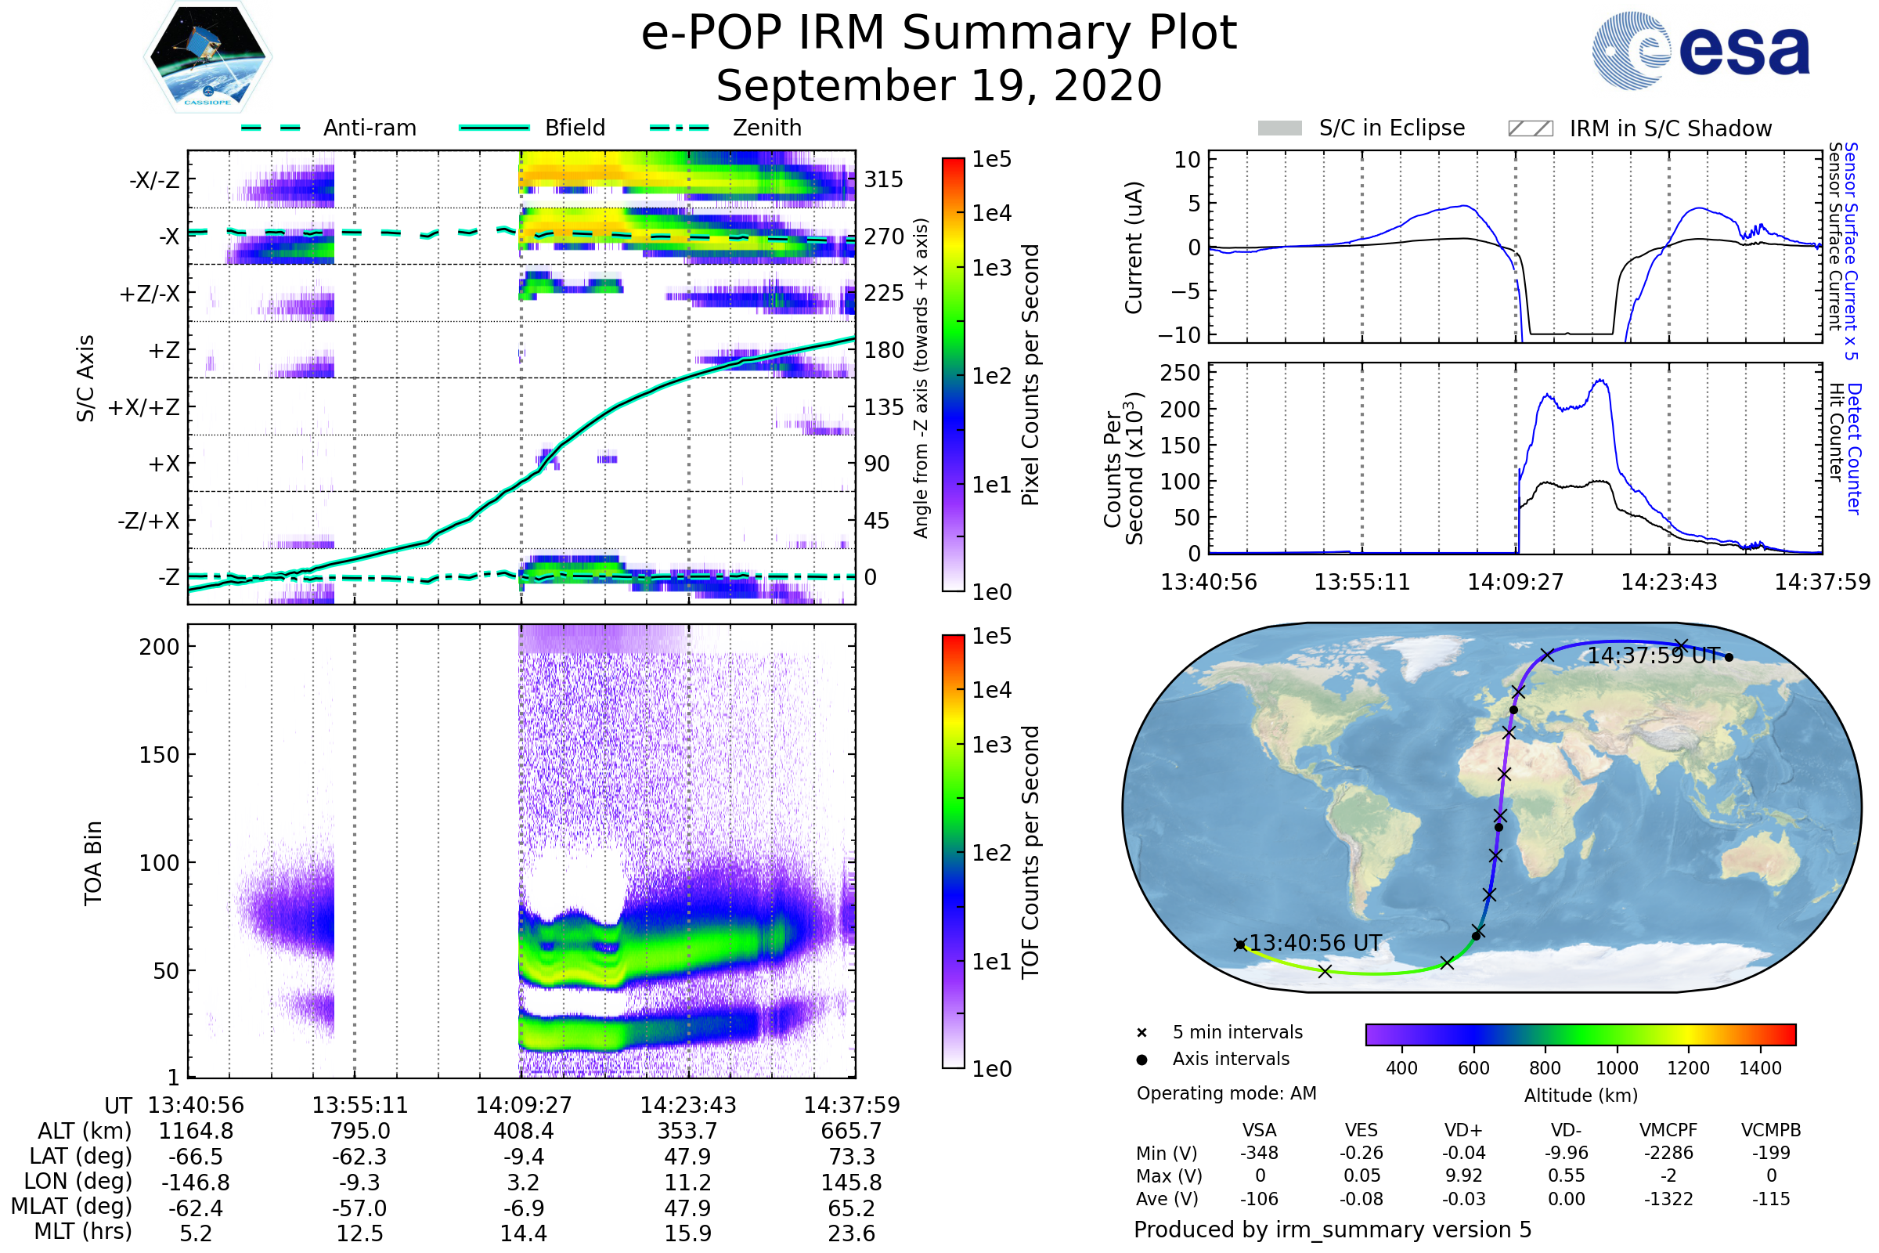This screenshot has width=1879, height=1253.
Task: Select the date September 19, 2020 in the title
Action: (939, 86)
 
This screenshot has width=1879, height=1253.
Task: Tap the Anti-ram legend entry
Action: (369, 128)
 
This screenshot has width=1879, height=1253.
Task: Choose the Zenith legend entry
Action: (767, 128)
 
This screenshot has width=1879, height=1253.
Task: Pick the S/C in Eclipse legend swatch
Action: (1279, 128)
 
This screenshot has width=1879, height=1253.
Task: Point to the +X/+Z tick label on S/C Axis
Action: (144, 407)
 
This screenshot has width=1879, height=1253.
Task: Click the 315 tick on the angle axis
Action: (883, 180)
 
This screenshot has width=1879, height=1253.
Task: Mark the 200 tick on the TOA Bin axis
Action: (159, 647)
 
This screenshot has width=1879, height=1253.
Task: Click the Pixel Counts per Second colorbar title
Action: (1030, 375)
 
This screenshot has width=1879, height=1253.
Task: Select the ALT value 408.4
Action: (523, 1131)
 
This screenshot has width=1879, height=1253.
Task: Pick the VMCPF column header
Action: (1668, 1130)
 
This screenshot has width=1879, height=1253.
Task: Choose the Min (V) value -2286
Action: (1668, 1152)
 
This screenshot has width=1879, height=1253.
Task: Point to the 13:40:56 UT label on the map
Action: (1315, 943)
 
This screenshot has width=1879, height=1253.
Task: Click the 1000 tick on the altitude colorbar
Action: (1616, 1068)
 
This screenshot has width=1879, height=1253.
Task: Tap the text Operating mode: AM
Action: (1226, 1093)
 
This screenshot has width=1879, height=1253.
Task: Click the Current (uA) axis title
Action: (1134, 247)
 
